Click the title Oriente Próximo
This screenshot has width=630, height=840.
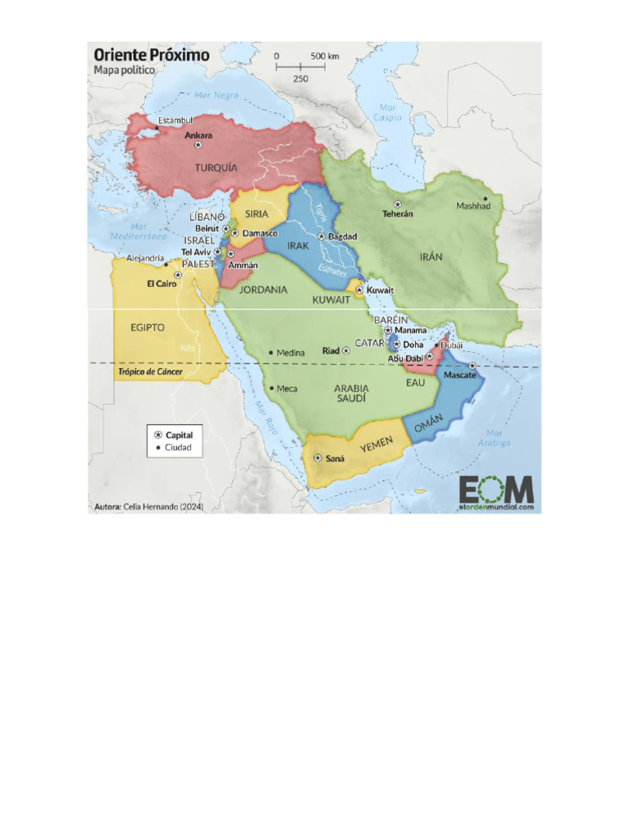[x=151, y=55]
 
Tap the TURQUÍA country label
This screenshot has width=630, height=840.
[x=216, y=167]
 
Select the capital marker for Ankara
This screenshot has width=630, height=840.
[x=198, y=144]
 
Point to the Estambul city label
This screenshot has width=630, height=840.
[x=176, y=120]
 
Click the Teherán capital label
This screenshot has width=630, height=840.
[x=398, y=213]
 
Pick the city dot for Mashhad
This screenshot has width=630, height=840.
[x=486, y=198]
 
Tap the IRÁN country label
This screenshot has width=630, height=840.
[x=431, y=257]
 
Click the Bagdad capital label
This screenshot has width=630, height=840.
[x=342, y=236]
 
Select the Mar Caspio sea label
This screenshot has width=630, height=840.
[x=390, y=112]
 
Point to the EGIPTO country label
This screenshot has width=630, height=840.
[x=148, y=327]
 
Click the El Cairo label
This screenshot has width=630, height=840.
[x=162, y=284]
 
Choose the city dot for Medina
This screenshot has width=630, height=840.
[x=271, y=353]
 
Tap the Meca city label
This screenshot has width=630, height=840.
[x=287, y=389]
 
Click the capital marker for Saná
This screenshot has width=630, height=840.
[x=317, y=458]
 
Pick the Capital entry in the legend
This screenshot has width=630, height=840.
[x=179, y=434]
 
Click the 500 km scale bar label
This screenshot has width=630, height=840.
[x=325, y=56]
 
